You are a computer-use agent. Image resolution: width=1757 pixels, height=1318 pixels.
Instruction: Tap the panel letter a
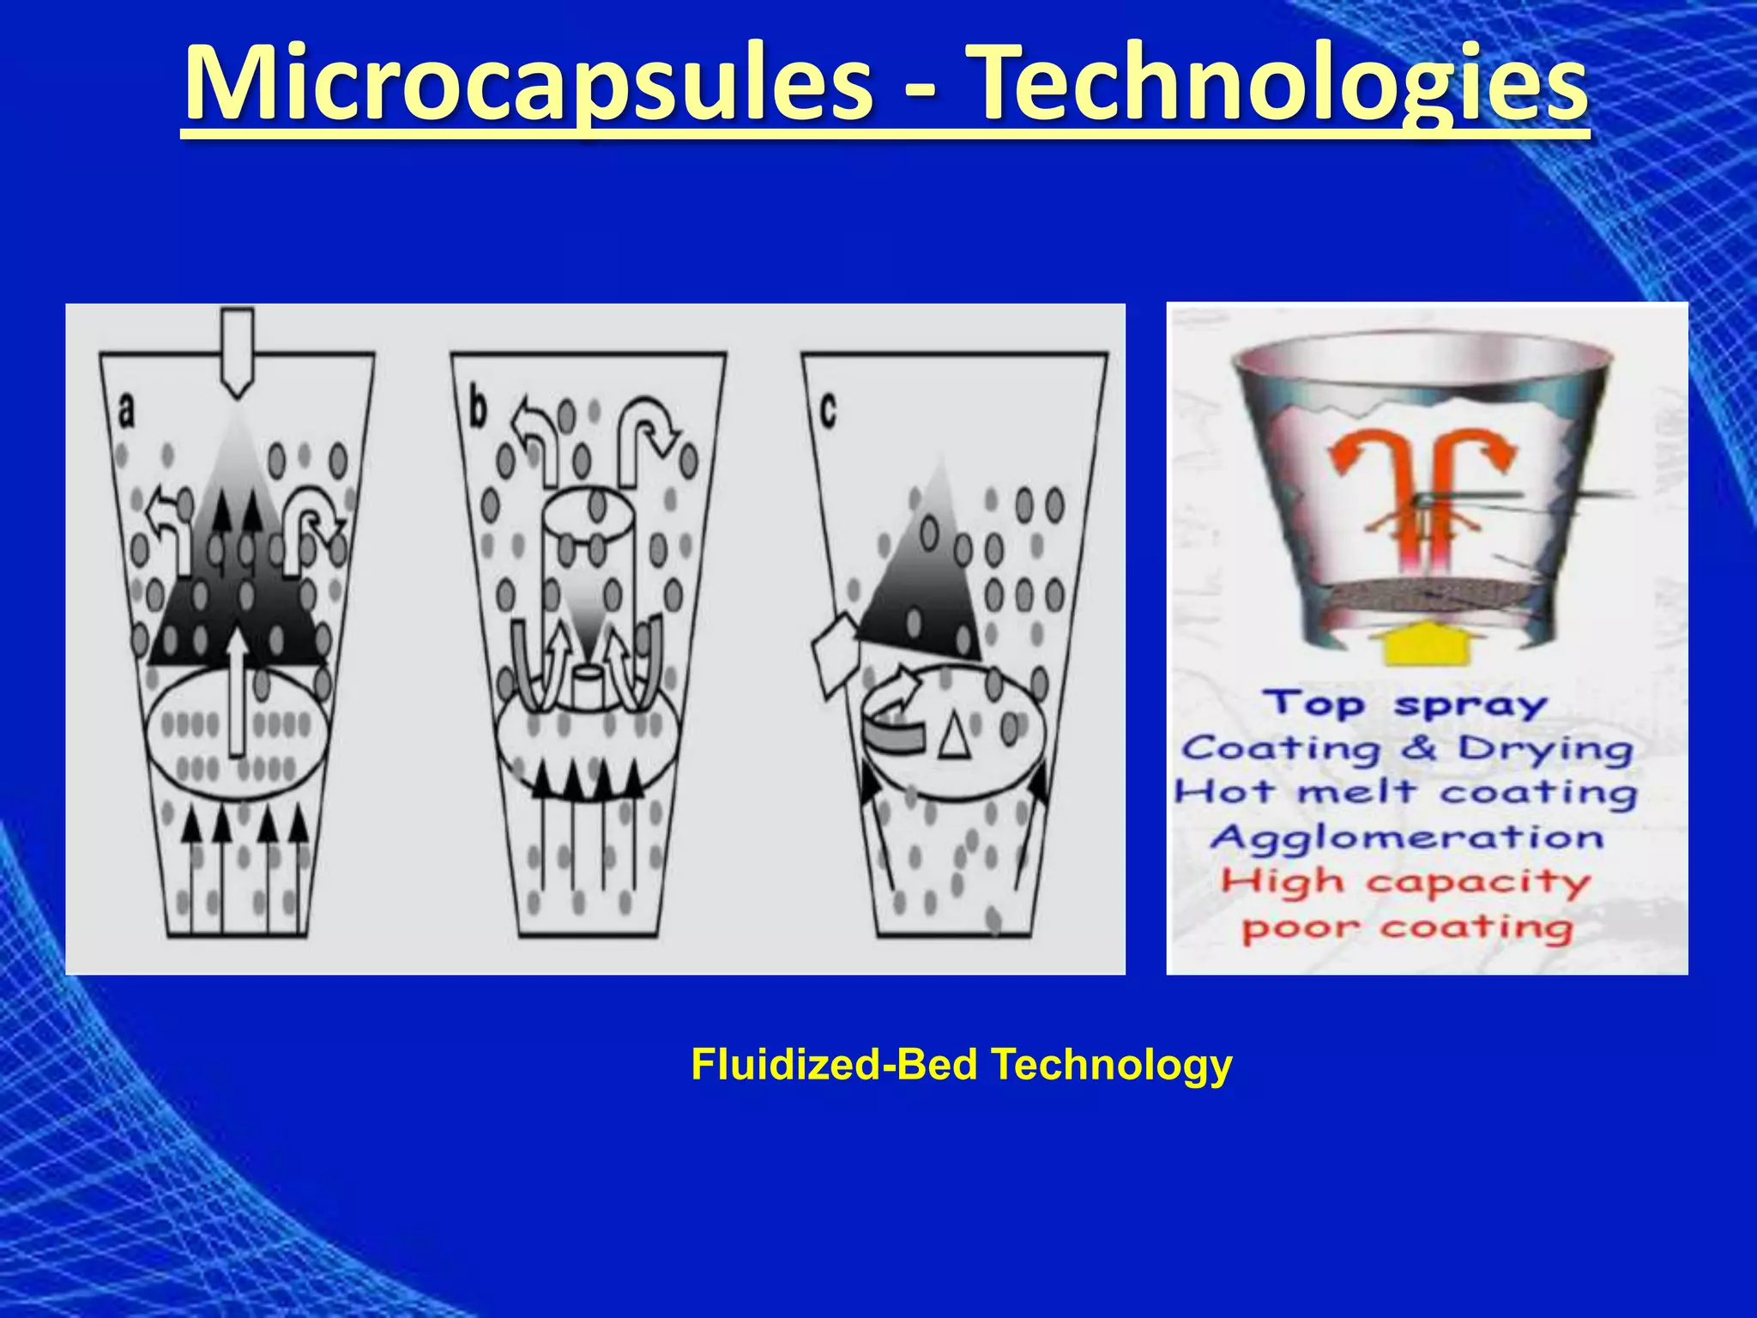pyautogui.click(x=126, y=410)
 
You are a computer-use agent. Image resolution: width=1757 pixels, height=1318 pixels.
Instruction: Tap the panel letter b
pyautogui.click(x=478, y=408)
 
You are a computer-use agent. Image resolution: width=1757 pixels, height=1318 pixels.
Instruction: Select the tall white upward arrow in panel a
pyautogui.click(x=237, y=695)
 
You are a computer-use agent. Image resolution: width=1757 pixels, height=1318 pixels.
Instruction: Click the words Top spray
pyautogui.click(x=1405, y=704)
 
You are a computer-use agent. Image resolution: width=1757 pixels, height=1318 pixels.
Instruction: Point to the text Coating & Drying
pyautogui.click(x=1407, y=748)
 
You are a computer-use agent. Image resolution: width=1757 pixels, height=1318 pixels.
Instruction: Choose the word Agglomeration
pyautogui.click(x=1407, y=837)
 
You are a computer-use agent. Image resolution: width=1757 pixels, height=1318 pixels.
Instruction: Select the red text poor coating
pyautogui.click(x=1407, y=928)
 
